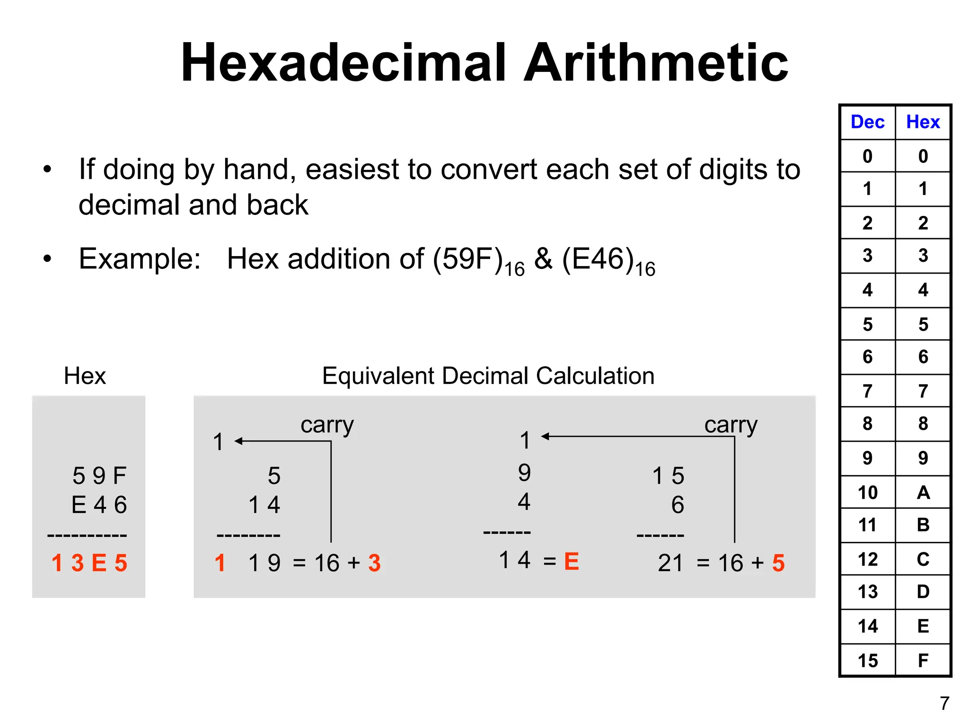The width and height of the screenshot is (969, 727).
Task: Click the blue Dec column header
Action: [x=867, y=122]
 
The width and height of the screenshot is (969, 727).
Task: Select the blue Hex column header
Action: [x=923, y=122]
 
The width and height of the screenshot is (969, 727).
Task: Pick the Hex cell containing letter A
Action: [x=923, y=493]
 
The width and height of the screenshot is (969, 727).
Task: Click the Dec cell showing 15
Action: [x=867, y=660]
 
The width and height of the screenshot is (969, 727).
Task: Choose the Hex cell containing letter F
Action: [x=923, y=660]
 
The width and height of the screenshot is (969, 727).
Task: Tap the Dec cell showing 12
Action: [x=867, y=559]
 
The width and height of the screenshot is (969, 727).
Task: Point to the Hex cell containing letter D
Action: [x=923, y=592]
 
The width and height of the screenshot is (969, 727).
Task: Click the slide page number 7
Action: [x=944, y=704]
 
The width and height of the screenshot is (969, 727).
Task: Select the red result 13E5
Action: [x=89, y=563]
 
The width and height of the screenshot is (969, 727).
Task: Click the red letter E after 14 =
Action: [x=572, y=562]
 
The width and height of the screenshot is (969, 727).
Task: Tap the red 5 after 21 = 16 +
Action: [x=778, y=563]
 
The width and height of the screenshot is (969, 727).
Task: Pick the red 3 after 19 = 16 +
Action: [x=374, y=563]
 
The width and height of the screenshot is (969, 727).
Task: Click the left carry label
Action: [x=327, y=425]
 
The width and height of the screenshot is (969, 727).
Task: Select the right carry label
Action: [x=731, y=425]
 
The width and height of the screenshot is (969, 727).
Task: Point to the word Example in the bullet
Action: [x=140, y=259]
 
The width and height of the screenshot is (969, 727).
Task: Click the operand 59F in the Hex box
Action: [x=99, y=476]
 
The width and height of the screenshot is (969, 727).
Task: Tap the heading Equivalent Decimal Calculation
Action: [x=488, y=376]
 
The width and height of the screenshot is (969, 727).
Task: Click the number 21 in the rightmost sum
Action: [x=670, y=563]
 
